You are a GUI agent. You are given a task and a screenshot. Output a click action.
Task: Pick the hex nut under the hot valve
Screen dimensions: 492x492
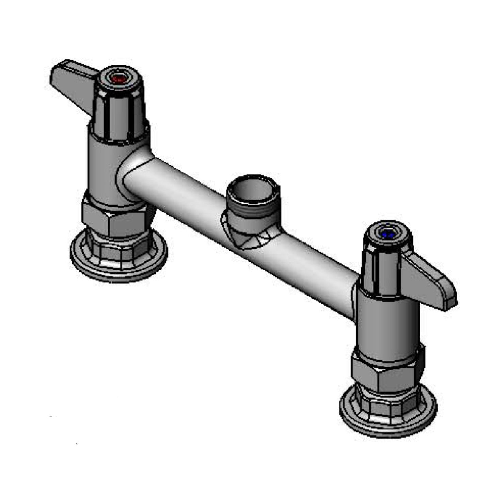116,218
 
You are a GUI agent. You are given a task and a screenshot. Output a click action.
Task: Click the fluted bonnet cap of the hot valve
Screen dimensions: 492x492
119,109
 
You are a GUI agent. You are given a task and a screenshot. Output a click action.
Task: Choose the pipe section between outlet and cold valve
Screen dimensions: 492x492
313,269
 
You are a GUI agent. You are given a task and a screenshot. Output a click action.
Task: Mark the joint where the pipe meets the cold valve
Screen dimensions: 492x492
354,296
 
